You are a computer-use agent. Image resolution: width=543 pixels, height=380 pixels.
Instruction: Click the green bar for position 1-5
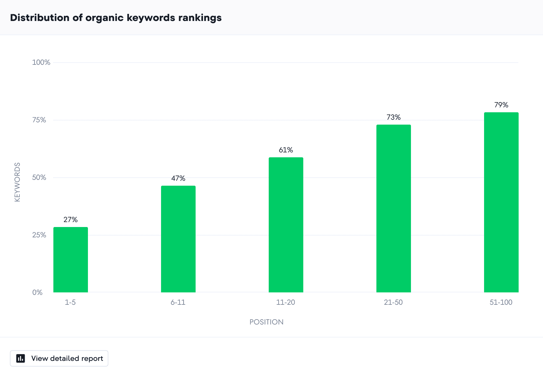click(x=71, y=260)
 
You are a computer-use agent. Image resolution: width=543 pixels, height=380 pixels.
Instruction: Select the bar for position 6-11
click(x=178, y=239)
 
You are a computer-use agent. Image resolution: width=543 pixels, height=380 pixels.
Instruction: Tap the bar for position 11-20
click(x=286, y=225)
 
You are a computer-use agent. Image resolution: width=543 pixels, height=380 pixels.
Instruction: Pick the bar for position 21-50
click(x=394, y=209)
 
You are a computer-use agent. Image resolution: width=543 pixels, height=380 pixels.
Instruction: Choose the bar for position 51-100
click(x=501, y=202)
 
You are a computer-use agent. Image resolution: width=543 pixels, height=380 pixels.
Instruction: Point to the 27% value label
click(x=71, y=220)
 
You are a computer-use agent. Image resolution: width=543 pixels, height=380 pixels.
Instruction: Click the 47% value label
click(x=178, y=178)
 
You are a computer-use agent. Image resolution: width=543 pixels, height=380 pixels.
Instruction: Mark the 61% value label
click(x=286, y=150)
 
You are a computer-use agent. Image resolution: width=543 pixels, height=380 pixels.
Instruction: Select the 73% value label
click(x=394, y=117)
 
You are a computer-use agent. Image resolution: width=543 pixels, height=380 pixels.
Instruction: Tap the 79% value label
click(x=501, y=105)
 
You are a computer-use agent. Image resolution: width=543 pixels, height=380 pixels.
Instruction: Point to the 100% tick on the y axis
click(x=41, y=62)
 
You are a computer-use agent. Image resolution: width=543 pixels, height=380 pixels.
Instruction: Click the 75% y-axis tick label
click(x=39, y=120)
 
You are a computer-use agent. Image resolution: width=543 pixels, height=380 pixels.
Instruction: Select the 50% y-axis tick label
click(x=39, y=177)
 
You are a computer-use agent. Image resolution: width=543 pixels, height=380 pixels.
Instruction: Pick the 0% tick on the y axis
click(x=37, y=292)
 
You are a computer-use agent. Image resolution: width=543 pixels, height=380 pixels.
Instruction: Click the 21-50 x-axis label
click(x=393, y=302)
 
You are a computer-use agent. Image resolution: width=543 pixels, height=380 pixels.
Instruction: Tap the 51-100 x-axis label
click(x=501, y=302)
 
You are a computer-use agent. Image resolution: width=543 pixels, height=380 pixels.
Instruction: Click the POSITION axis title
click(x=267, y=322)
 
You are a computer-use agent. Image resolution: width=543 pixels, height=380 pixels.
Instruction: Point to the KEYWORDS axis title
click(x=17, y=182)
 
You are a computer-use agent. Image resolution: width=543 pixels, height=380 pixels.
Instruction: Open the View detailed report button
click(x=59, y=358)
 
